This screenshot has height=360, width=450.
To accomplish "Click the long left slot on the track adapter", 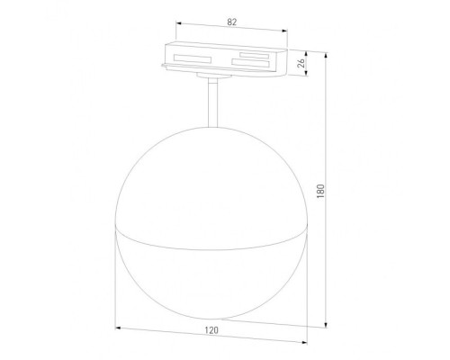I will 192,59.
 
